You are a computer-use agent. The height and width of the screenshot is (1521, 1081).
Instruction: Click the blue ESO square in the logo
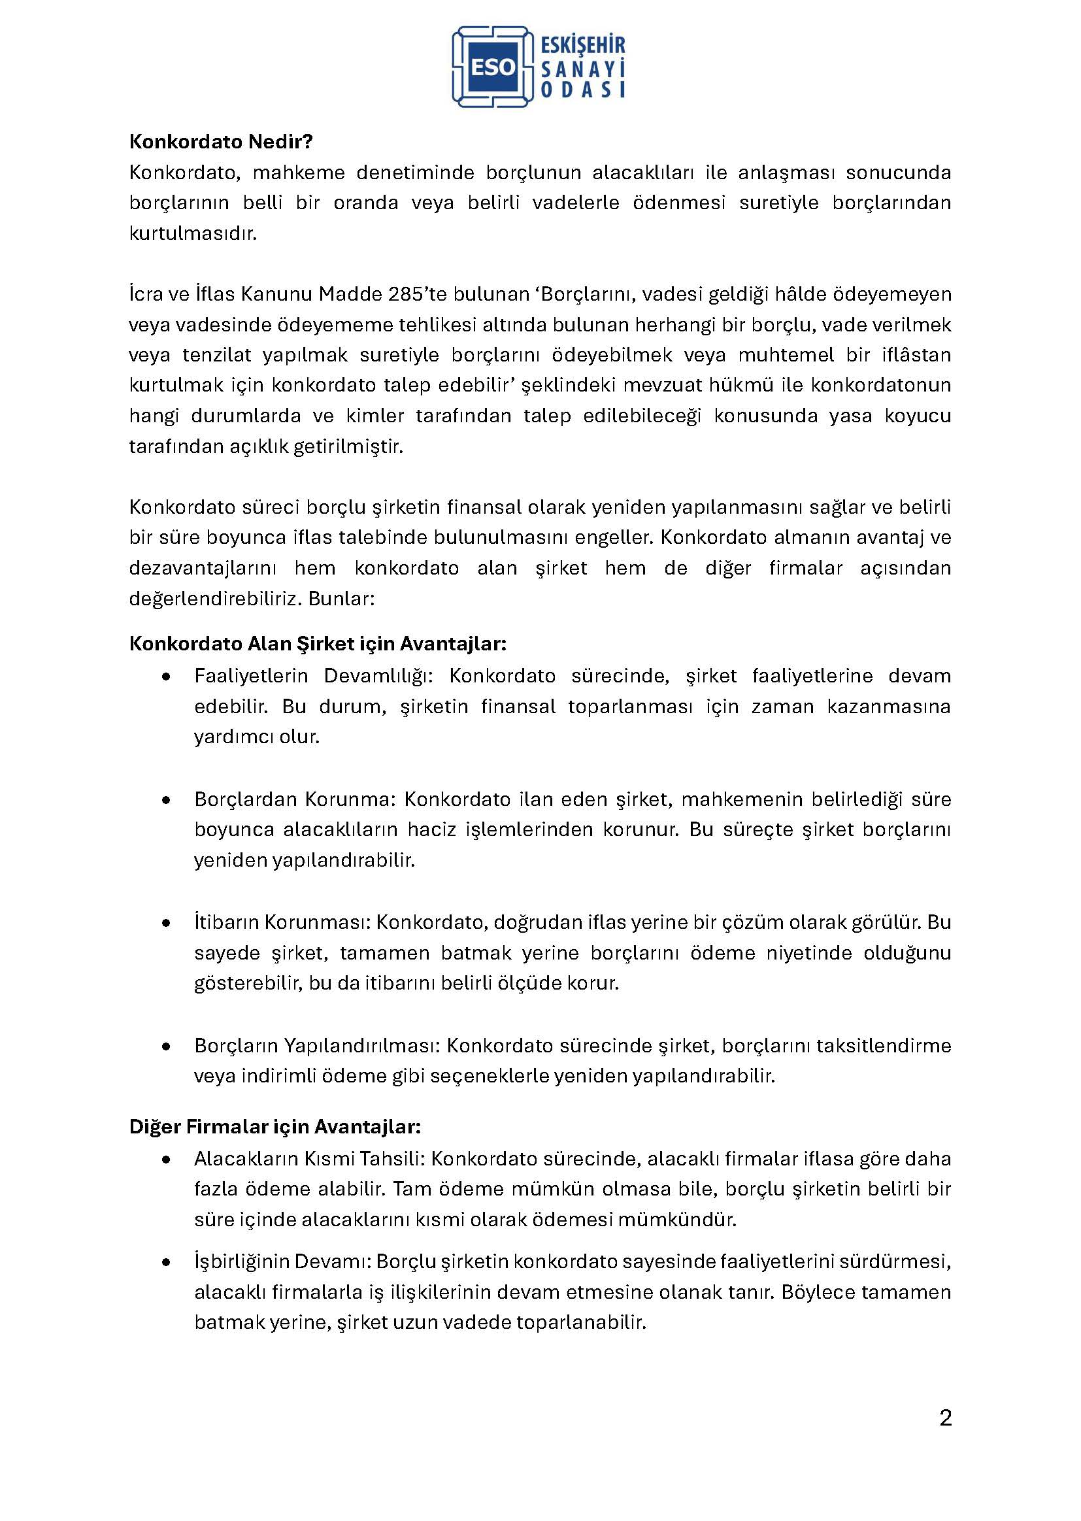point(493,67)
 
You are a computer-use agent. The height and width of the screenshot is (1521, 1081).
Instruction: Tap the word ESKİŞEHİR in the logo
point(584,45)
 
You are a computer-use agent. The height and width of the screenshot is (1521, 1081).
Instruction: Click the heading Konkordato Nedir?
point(221,142)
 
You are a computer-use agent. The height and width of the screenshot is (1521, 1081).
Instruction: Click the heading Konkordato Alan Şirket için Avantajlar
point(318,644)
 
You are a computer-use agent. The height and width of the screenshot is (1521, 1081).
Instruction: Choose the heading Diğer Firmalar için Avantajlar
point(275,1127)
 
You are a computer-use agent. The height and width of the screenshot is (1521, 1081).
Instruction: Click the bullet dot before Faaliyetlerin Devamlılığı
point(167,677)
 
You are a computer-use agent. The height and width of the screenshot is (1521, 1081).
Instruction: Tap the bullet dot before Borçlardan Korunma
point(167,799)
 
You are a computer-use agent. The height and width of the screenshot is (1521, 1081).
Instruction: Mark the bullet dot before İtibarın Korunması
point(167,922)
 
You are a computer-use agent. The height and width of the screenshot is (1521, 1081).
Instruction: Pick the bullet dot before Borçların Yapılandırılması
point(167,1046)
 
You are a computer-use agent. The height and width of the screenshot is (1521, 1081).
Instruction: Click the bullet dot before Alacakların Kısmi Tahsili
point(167,1160)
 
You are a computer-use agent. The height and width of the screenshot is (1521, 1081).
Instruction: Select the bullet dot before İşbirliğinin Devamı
point(167,1262)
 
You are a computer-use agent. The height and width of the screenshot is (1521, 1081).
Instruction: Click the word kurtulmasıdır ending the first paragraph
point(192,234)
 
